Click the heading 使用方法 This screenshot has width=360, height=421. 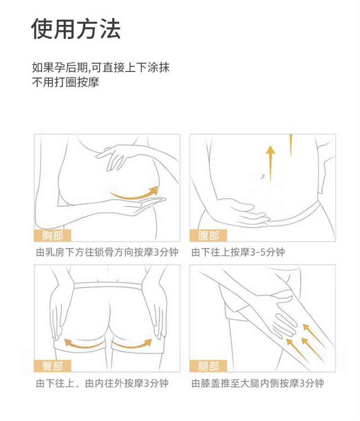point(76,29)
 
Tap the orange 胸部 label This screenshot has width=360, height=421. point(52,235)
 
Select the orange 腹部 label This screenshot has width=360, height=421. point(208,235)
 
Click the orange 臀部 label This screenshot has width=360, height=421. point(52,366)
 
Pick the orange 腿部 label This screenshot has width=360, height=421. point(208,366)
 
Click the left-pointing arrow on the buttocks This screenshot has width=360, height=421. point(83,344)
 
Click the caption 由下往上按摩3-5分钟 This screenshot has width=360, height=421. point(238,253)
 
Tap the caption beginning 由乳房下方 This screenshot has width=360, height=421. point(107,253)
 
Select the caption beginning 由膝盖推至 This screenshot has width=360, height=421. point(257,383)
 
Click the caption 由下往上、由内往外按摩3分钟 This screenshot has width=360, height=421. point(102,383)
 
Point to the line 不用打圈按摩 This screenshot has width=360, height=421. point(65,82)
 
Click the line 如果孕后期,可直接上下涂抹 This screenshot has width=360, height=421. point(101,68)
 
